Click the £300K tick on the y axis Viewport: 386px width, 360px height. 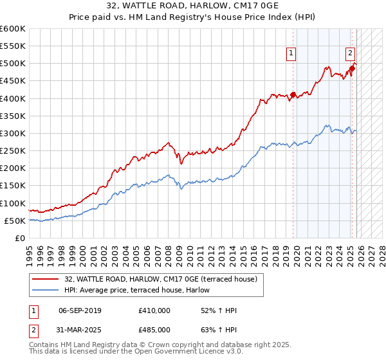[13, 133]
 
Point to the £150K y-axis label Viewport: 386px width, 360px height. [13, 185]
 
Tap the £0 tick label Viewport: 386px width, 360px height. [19, 238]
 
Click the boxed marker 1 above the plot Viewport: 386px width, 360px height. [292, 53]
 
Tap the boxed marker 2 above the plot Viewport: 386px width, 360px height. [350, 53]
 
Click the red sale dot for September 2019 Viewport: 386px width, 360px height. [293, 94]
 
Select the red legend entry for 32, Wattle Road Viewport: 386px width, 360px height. [161, 279]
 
